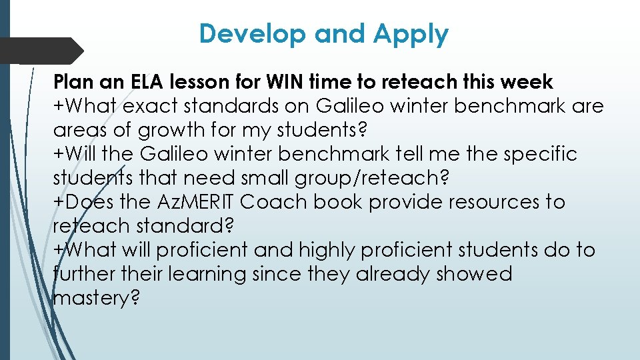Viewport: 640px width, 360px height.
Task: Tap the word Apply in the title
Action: tap(411, 35)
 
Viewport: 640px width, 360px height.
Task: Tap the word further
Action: tap(83, 274)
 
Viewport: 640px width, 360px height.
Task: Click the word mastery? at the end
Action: tap(96, 299)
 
